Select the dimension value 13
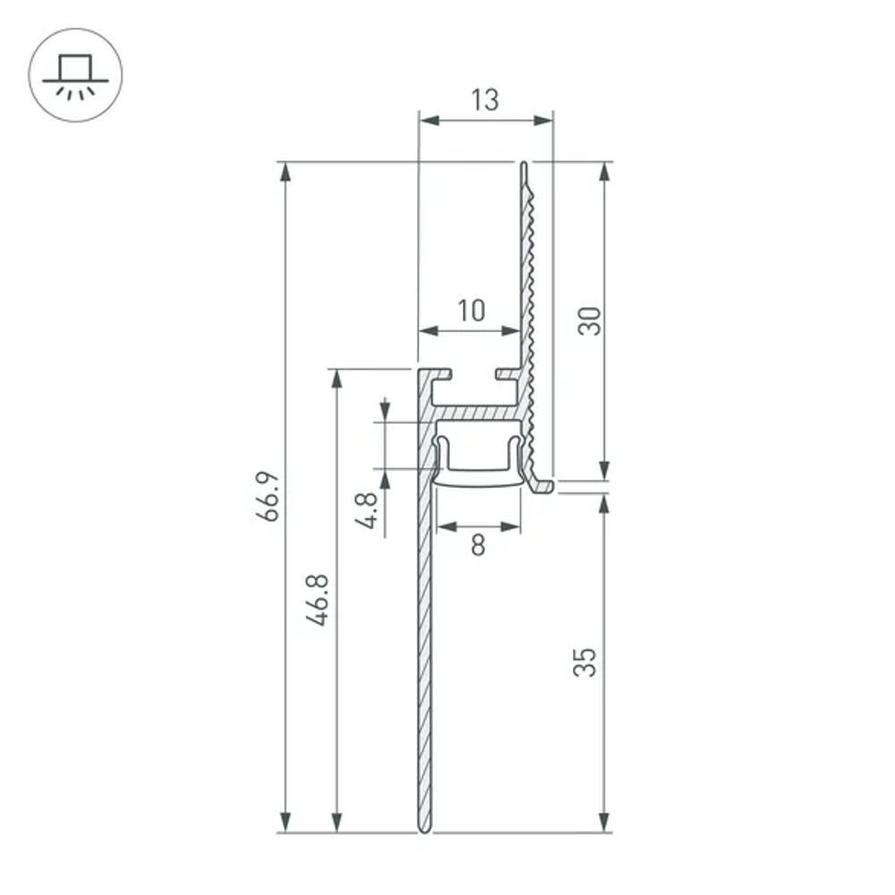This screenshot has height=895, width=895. tap(484, 100)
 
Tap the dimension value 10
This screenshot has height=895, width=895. tap(471, 311)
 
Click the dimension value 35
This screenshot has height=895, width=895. tap(584, 662)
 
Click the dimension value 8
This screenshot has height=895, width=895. tap(478, 544)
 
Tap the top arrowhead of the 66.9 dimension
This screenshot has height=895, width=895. tap(286, 172)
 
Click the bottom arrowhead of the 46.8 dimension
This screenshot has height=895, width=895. tap(337, 822)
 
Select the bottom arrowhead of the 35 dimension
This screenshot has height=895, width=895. tap(604, 822)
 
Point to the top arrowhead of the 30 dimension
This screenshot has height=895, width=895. tap(604, 172)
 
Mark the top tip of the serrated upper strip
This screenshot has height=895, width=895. tap(523, 165)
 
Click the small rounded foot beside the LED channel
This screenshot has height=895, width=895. tap(543, 486)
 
